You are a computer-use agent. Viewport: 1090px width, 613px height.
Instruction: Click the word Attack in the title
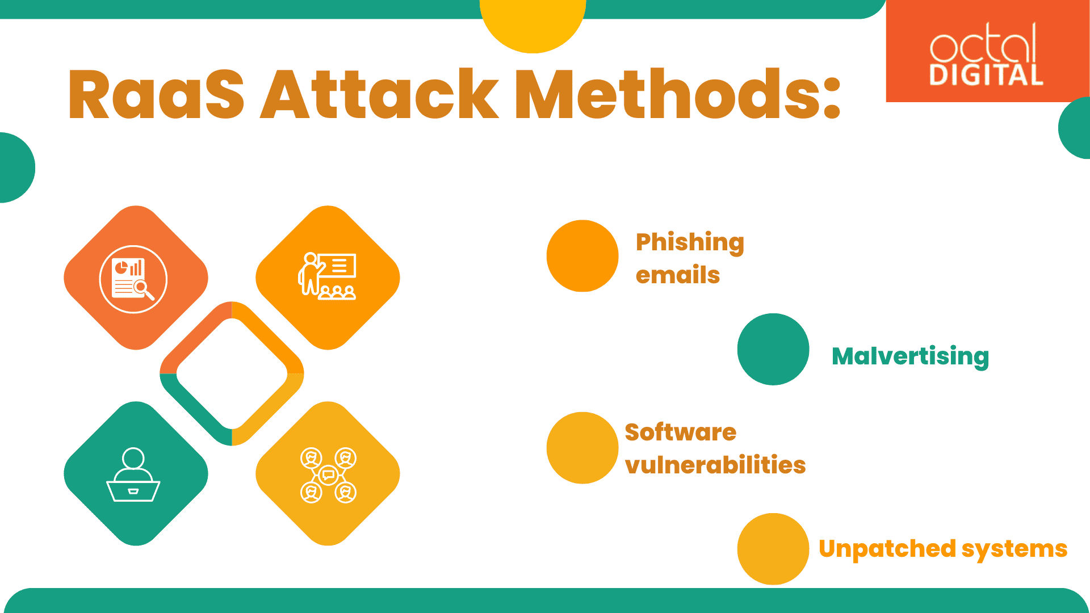pyautogui.click(x=379, y=95)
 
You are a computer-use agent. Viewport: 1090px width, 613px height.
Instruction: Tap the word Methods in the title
pyautogui.click(x=676, y=95)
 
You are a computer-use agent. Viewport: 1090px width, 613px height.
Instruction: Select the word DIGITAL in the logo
pyautogui.click(x=986, y=75)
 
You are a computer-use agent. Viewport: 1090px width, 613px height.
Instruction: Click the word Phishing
pyautogui.click(x=690, y=242)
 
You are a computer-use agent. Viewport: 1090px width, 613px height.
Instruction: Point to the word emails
pyautogui.click(x=678, y=275)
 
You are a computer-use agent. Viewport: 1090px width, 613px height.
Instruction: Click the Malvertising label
pyautogui.click(x=910, y=356)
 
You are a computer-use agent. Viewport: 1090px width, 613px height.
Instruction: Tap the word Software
pyautogui.click(x=680, y=433)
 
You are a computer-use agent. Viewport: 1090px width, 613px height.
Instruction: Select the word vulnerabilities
pyautogui.click(x=715, y=465)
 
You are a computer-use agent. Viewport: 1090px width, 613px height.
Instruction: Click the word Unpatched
pyautogui.click(x=887, y=549)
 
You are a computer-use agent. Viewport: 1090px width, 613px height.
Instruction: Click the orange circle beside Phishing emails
pyautogui.click(x=582, y=256)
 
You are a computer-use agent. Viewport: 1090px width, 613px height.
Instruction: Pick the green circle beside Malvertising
pyautogui.click(x=773, y=349)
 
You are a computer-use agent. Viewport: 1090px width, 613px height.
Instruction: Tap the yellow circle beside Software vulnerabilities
pyautogui.click(x=582, y=448)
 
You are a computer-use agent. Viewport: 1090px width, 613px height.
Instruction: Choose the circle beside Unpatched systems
pyautogui.click(x=773, y=549)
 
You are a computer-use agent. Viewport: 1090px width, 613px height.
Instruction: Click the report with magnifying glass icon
pyautogui.click(x=133, y=279)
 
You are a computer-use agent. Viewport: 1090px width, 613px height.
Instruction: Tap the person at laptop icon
pyautogui.click(x=133, y=475)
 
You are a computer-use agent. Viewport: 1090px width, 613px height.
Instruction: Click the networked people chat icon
pyautogui.click(x=328, y=475)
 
